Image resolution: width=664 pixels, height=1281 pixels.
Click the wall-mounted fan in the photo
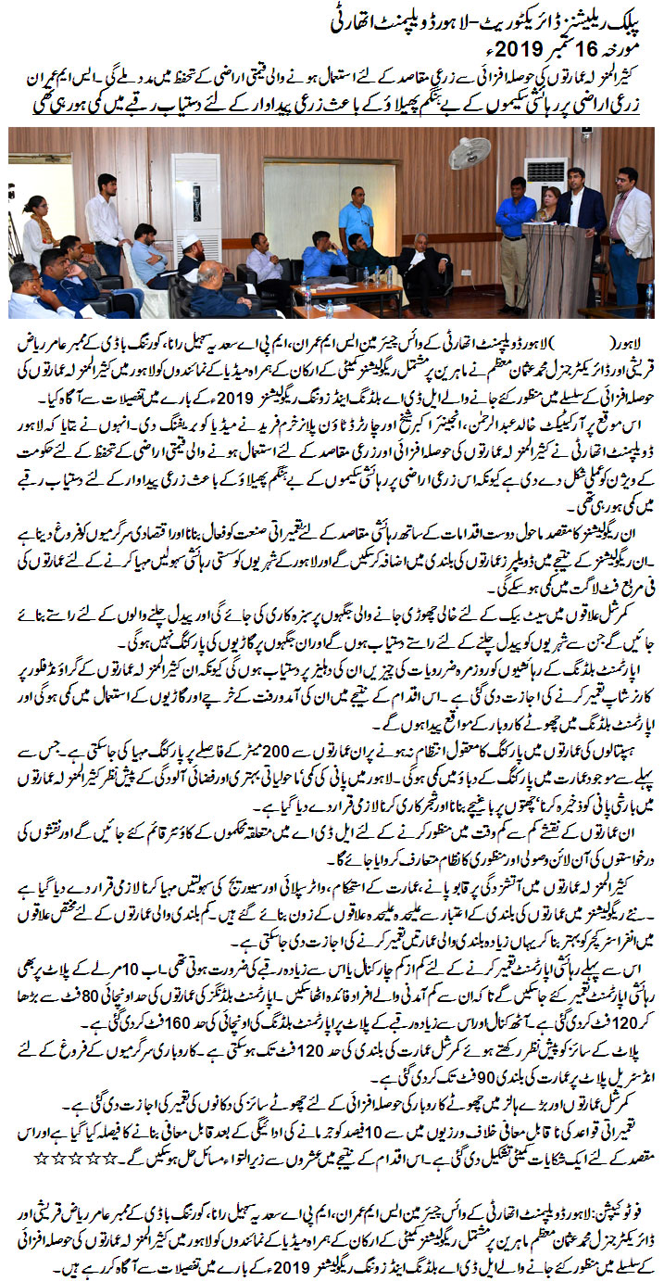[470, 152]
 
